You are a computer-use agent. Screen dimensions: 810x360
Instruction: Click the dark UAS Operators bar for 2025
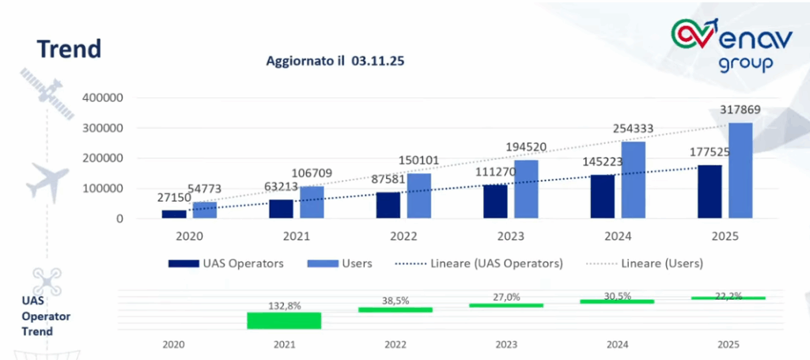point(710,191)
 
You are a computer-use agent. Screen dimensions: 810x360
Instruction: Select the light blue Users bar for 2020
point(205,210)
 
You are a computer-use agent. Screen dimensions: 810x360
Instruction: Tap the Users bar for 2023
point(526,189)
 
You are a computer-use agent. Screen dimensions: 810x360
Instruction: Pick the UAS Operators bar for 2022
point(388,205)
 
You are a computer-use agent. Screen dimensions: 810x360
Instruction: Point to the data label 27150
point(172,199)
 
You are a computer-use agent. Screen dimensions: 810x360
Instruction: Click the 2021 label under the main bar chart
point(297,237)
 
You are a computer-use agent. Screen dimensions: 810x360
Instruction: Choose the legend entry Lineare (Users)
point(645,263)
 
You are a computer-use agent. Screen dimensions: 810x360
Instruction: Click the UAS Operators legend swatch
point(184,263)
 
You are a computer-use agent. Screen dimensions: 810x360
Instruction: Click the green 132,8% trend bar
point(284,320)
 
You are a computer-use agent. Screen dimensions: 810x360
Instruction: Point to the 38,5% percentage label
point(396,301)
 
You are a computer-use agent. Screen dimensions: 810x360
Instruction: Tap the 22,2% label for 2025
point(729,296)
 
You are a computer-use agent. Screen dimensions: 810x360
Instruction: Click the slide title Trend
point(70,49)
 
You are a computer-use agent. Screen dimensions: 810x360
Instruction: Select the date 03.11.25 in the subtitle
point(379,61)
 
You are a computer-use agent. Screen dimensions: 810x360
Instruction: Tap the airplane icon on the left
point(47,180)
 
